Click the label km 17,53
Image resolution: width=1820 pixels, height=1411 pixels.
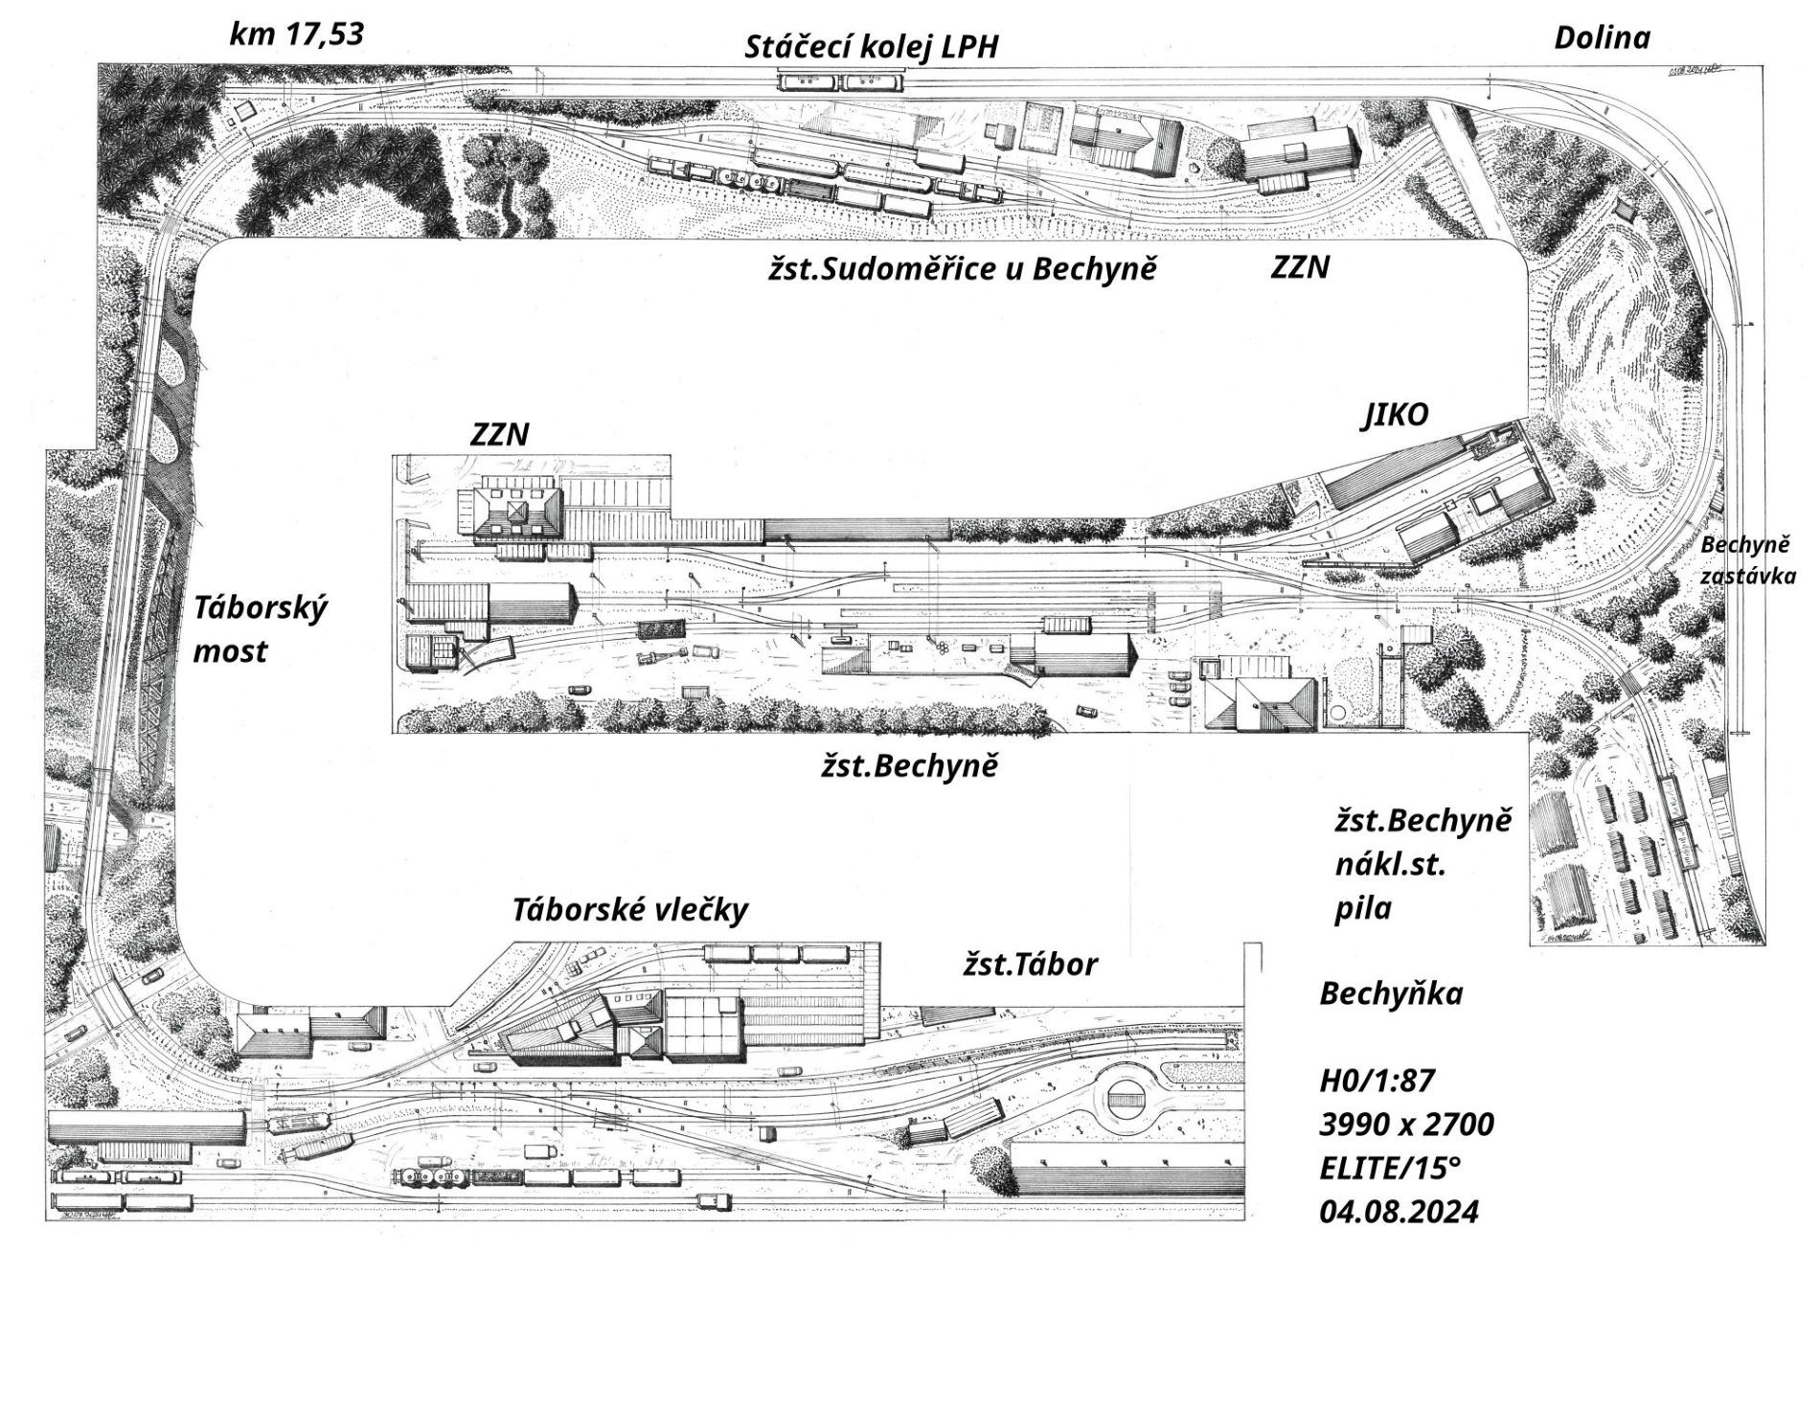pos(297,34)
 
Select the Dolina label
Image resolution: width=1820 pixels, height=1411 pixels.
pos(1603,38)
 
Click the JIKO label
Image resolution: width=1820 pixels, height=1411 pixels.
pos(1396,415)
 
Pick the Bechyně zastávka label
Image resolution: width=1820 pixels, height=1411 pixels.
pos(1746,560)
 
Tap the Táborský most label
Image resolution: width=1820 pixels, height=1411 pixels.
pos(261,629)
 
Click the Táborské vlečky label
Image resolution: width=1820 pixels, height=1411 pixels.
pos(629,910)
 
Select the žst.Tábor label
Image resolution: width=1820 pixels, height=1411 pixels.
pos(1030,965)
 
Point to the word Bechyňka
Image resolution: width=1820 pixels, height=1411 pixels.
pos(1391,994)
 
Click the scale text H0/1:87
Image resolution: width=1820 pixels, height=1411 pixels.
pos(1377,1082)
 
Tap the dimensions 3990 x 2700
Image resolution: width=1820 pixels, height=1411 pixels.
pos(1406,1125)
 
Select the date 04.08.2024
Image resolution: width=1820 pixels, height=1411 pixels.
pos(1399,1213)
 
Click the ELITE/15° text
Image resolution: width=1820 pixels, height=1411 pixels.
pos(1391,1169)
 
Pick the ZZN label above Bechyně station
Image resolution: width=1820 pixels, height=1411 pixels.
pos(499,436)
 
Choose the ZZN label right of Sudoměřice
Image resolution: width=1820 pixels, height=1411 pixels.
pos(1300,267)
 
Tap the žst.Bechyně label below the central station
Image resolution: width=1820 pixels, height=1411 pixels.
pos(909,766)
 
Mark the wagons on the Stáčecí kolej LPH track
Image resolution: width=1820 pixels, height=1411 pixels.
pos(841,82)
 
